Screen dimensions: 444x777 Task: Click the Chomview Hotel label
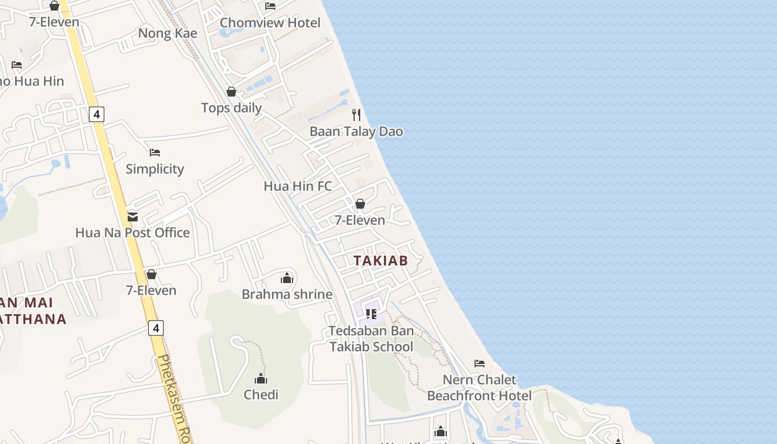click(x=270, y=23)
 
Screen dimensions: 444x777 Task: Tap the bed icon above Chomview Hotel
click(x=270, y=6)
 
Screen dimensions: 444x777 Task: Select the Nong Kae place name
click(x=168, y=33)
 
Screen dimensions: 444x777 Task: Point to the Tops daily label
click(x=231, y=108)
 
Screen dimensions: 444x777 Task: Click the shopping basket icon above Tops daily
click(x=231, y=92)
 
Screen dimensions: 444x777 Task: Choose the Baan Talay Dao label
click(x=356, y=132)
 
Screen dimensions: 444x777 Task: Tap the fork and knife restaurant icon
click(x=356, y=115)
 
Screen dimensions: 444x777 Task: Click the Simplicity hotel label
click(x=155, y=169)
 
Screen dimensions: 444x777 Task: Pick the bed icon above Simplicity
click(x=155, y=152)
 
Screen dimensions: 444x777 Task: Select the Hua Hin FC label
click(x=298, y=186)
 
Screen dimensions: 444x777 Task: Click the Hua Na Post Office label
click(x=133, y=233)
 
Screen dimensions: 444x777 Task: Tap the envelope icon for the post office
click(x=133, y=216)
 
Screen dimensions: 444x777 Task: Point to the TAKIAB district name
click(x=381, y=260)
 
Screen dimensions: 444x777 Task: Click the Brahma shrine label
click(x=287, y=294)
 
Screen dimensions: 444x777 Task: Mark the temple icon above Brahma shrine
click(x=287, y=277)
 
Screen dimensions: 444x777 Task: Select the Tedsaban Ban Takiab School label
click(x=371, y=339)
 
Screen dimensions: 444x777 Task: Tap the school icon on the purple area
click(x=371, y=314)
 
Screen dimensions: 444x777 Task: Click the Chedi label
click(x=261, y=395)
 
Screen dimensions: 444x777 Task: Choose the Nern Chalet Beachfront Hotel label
click(x=480, y=388)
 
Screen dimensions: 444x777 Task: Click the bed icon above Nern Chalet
click(x=480, y=364)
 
